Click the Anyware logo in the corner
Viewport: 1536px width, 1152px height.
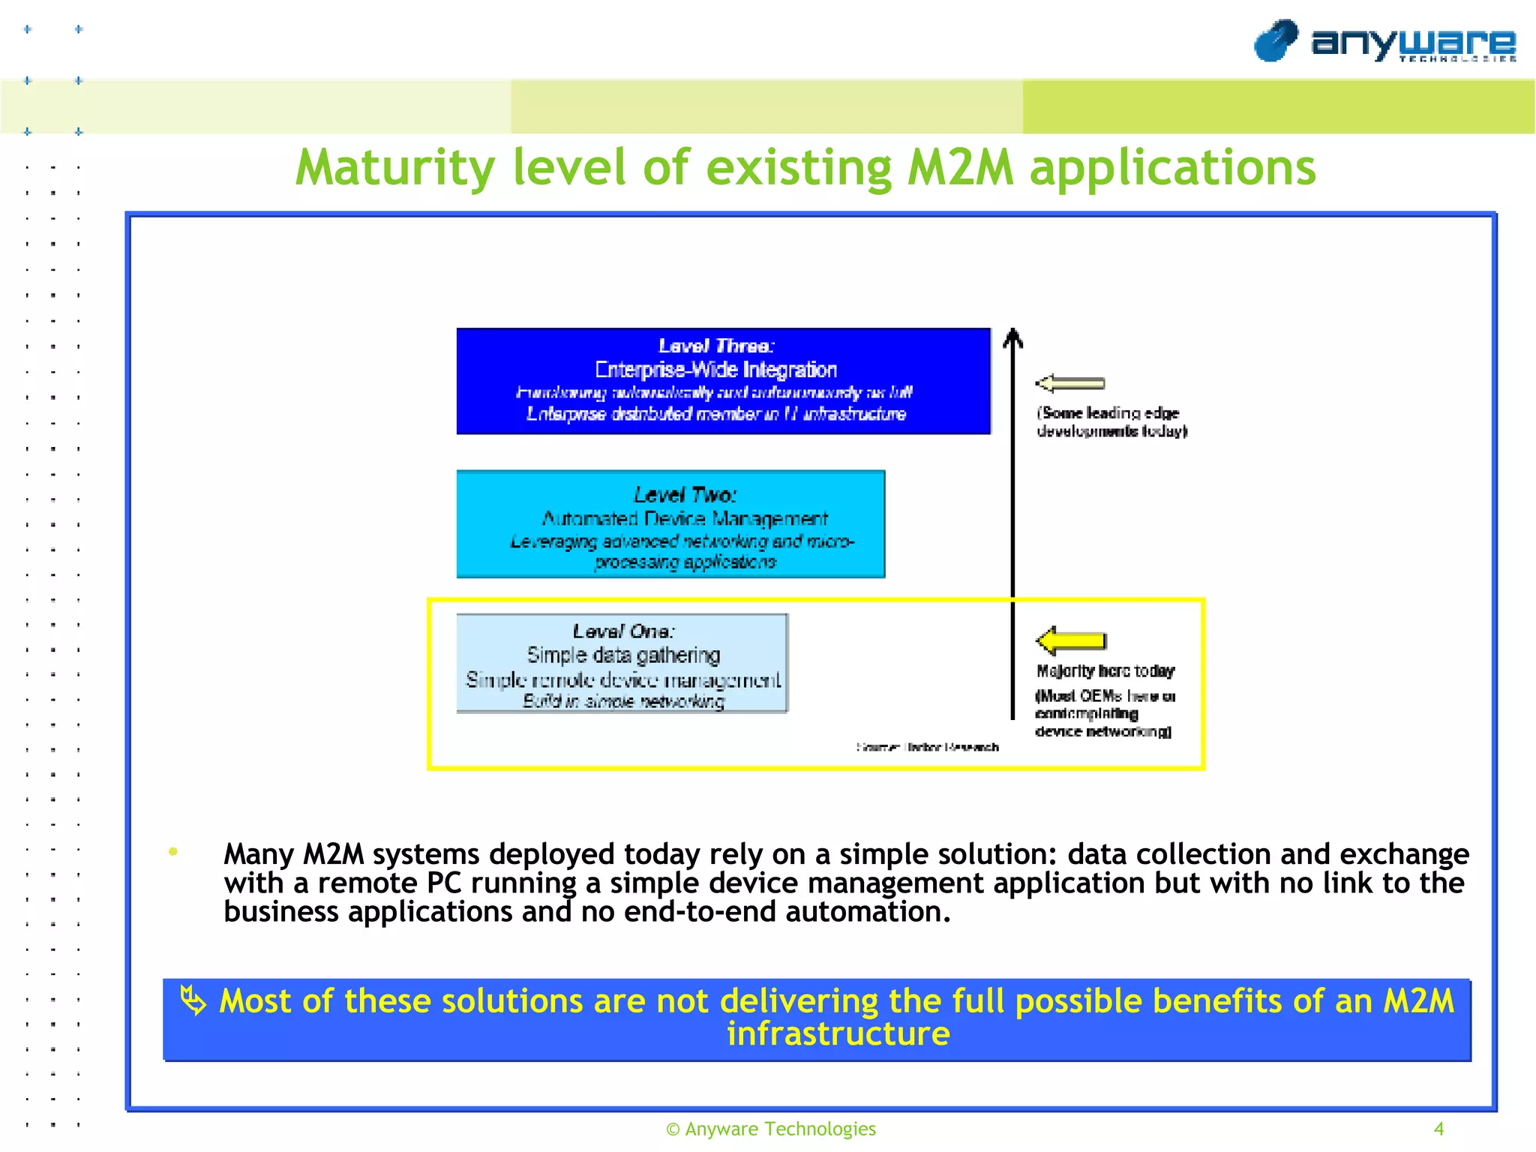tap(1384, 41)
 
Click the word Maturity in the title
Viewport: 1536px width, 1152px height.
tap(394, 167)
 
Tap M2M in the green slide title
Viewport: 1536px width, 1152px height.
tap(960, 167)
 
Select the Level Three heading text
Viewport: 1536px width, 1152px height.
tap(716, 346)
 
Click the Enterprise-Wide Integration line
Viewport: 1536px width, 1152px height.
tap(716, 370)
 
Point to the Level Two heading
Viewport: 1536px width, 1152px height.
tap(685, 495)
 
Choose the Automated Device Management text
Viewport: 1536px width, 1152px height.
tap(685, 518)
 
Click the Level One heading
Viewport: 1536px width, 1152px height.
tap(623, 631)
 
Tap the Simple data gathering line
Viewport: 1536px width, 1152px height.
tap(623, 655)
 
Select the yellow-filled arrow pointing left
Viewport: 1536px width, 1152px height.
tap(1071, 640)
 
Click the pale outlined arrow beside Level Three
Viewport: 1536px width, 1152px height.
tap(1070, 383)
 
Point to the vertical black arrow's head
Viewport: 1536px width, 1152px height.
tap(1012, 337)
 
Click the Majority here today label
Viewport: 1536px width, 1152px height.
tap(1105, 670)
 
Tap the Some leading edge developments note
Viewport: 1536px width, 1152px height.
tap(1111, 421)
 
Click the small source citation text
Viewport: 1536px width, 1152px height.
tap(928, 747)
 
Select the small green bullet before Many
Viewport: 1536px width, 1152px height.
tap(173, 851)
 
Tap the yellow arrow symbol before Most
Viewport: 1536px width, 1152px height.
tap(193, 1000)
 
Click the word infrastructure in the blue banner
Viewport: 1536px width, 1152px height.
tap(838, 1033)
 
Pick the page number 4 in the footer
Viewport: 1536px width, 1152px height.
tap(1438, 1129)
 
